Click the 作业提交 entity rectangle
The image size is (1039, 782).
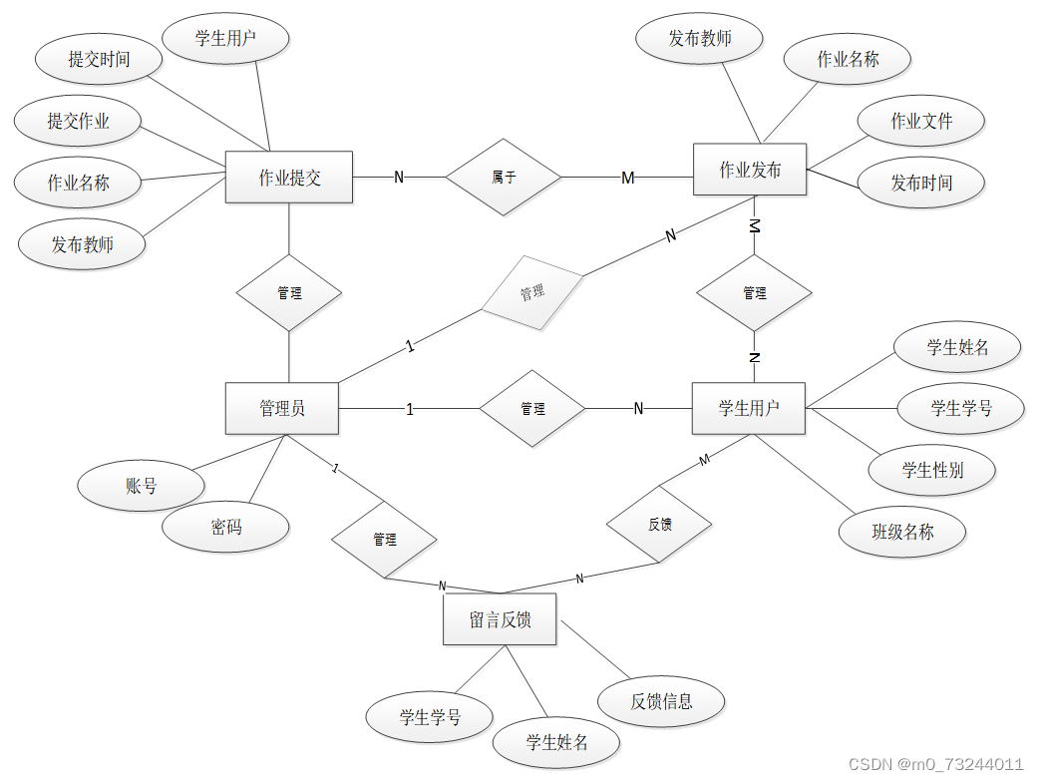tap(289, 178)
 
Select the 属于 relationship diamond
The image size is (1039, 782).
tap(504, 178)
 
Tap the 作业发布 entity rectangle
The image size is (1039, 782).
tap(750, 171)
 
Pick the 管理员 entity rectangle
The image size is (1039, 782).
tap(282, 408)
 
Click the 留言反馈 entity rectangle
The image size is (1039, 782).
tap(500, 619)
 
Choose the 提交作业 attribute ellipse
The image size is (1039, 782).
tap(79, 122)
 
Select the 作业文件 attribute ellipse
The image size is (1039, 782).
tap(921, 121)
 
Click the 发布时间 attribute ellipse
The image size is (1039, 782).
tap(921, 183)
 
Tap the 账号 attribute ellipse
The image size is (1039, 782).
tap(142, 487)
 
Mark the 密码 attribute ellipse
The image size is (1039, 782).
tap(226, 527)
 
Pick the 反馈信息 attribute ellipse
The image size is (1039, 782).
tap(661, 700)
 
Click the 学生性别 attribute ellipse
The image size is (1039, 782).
tap(932, 470)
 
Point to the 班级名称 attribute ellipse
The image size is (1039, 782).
tap(902, 532)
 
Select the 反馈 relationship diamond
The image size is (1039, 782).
tap(659, 524)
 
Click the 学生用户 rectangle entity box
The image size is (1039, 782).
tap(749, 408)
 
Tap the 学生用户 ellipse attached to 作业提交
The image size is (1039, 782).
tap(225, 39)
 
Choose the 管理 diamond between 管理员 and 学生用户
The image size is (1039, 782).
tap(532, 409)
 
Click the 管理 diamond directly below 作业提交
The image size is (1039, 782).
tap(289, 293)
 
